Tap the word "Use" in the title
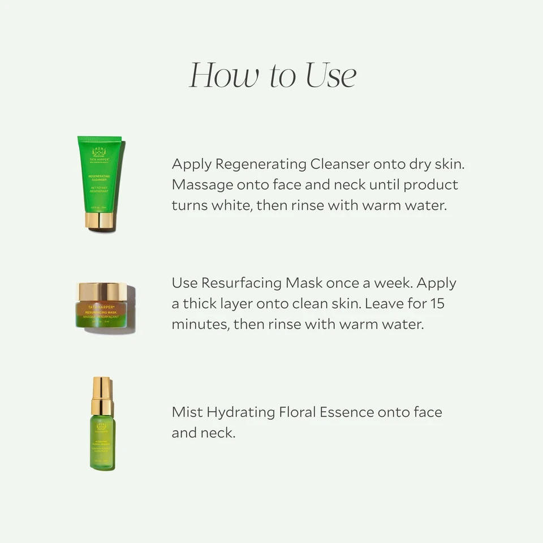click(331, 76)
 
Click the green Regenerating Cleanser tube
click(100, 175)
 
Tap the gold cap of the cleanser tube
click(100, 220)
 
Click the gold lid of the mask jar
click(102, 292)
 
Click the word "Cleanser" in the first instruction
click(339, 164)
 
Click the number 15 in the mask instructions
click(437, 304)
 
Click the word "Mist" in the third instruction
click(187, 412)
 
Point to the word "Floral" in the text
click(297, 412)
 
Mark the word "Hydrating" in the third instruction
click(240, 412)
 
